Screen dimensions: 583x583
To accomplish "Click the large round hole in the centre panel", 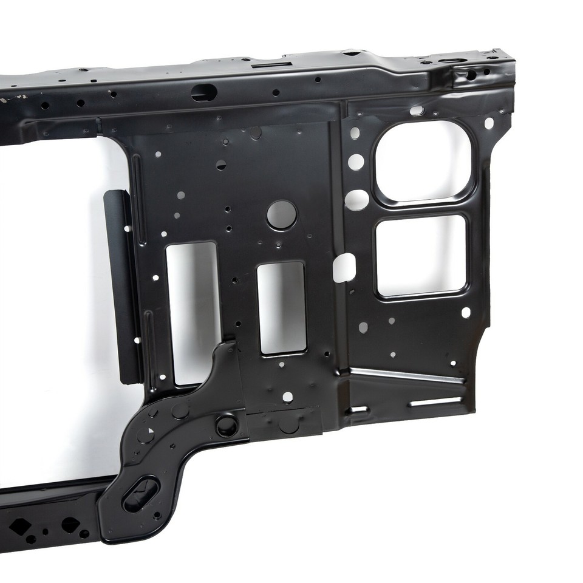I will tap(282, 214).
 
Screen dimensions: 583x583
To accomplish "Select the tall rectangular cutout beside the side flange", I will tap(191, 313).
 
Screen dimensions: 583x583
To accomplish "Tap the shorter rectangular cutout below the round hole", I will tap(282, 308).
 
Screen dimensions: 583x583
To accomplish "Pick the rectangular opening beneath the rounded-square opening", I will tap(421, 255).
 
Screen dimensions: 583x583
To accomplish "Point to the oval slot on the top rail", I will tap(204, 93).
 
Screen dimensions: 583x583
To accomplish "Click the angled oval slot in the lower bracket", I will tap(140, 493).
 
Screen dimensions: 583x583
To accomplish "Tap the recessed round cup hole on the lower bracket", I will tap(227, 426).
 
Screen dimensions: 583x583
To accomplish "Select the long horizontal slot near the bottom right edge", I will tap(435, 402).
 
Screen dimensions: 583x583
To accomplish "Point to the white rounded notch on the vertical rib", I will tap(344, 267).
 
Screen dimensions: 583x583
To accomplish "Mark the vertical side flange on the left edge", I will tap(124, 285).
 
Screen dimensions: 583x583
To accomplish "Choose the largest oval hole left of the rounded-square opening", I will tap(357, 199).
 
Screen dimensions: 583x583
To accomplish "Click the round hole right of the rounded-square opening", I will tap(489, 123).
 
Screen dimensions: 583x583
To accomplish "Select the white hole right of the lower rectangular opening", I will tap(466, 312).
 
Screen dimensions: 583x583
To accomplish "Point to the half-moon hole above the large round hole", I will tap(221, 165).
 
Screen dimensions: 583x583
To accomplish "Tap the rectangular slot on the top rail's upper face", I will tap(267, 64).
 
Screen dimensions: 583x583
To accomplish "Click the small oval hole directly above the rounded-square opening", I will tap(417, 111).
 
